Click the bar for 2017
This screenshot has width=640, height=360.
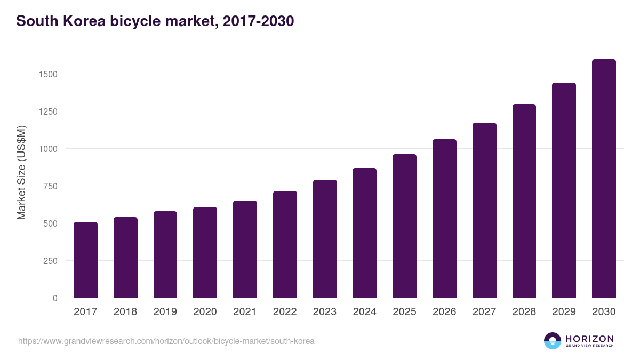coord(85,260)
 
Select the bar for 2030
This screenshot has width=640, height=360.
coord(604,179)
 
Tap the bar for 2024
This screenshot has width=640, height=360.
coord(364,233)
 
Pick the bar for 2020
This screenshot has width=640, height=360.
coord(205,252)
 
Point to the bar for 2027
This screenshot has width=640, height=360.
coord(484,210)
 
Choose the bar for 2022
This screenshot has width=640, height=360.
coord(285,244)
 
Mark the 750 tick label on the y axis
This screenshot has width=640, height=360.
coord(50,186)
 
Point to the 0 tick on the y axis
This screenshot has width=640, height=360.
coord(54,298)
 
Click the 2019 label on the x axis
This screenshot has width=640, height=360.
coord(165,312)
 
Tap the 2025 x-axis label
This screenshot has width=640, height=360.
coord(404,312)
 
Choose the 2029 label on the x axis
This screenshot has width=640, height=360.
coord(564,312)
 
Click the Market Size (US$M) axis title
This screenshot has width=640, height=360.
coord(21,173)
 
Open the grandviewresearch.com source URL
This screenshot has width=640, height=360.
coord(166,341)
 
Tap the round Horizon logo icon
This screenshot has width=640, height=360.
coord(553,341)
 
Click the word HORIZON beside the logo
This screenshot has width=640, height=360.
coord(589,338)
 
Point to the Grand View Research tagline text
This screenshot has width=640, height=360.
coord(589,346)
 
